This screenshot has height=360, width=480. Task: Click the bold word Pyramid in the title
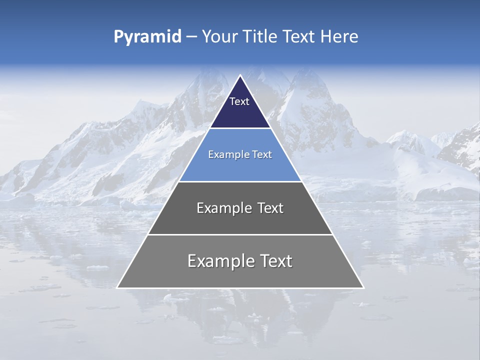point(147,37)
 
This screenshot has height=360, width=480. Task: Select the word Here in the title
point(339,37)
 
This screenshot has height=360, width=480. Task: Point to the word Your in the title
point(219,37)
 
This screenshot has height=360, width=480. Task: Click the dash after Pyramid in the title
point(191,37)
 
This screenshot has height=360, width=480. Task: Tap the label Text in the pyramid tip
point(239,101)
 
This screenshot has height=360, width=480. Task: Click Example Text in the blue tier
point(240,154)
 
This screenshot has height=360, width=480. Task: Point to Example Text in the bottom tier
point(240,261)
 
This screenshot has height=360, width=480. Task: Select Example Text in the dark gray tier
point(240,208)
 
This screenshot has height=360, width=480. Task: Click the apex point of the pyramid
point(240,76)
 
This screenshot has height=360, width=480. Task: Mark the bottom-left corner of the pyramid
point(117,287)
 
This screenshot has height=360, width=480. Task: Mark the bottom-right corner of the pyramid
point(363,287)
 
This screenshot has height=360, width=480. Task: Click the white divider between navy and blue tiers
point(240,128)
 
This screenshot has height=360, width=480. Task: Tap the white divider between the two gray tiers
point(240,234)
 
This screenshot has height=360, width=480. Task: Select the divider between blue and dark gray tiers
point(240,181)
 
